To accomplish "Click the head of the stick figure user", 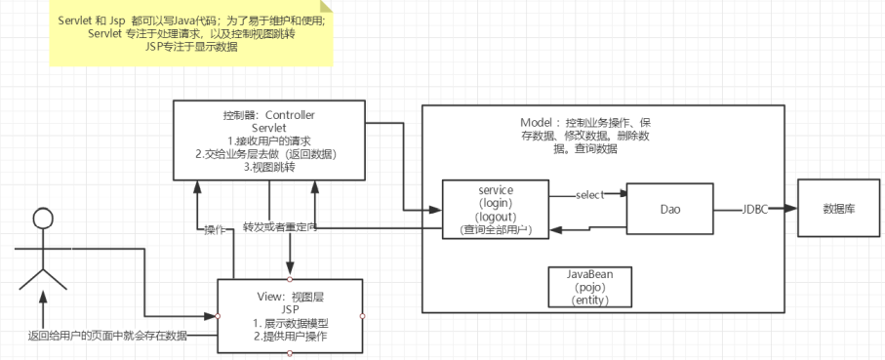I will click(40, 219).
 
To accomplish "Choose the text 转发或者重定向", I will click(280, 227).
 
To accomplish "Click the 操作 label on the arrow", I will click(215, 230).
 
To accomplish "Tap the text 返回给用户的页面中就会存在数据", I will click(107, 335).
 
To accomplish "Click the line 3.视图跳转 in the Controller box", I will click(270, 168).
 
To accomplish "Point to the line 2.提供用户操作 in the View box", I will click(290, 336).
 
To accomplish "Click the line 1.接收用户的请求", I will click(270, 141).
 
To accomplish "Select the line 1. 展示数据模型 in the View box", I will click(290, 322).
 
